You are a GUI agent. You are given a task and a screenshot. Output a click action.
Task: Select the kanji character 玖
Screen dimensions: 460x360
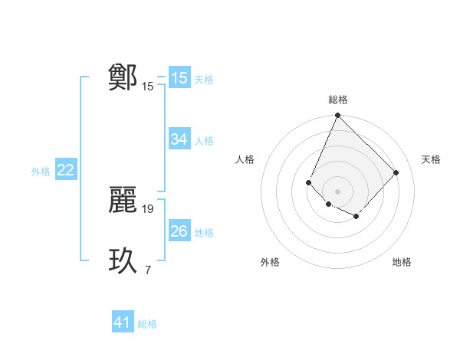click(x=123, y=260)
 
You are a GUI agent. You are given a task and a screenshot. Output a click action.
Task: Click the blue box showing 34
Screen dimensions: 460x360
click(x=179, y=139)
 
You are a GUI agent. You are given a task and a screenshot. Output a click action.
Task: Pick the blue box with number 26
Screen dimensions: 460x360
click(x=179, y=231)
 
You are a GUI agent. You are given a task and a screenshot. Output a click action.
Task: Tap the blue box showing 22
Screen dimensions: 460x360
click(x=66, y=170)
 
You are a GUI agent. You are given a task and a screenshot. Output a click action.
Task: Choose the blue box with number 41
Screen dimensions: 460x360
click(x=123, y=322)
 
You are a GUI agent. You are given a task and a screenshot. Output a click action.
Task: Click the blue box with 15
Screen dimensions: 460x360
click(x=179, y=78)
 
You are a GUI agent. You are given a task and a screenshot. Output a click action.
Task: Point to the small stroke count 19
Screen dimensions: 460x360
click(x=148, y=208)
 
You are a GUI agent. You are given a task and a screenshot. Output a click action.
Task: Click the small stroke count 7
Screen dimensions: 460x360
click(x=148, y=270)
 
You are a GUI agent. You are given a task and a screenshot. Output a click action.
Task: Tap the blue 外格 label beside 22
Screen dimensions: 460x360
click(x=41, y=172)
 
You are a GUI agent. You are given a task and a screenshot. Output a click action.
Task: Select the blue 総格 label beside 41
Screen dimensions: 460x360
click(x=147, y=324)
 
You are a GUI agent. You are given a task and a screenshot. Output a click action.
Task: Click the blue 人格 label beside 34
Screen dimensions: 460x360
click(x=204, y=141)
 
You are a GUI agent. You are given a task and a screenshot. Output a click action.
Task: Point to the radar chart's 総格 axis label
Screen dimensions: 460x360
click(x=337, y=100)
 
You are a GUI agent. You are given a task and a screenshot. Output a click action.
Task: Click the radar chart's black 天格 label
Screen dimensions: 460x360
click(x=431, y=159)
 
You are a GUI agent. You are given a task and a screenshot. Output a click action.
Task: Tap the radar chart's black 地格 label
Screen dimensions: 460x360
click(x=402, y=262)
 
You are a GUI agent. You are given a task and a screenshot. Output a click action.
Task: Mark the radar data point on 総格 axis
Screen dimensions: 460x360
click(x=337, y=116)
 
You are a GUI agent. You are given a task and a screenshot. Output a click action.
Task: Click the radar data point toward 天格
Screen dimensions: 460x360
click(x=396, y=172)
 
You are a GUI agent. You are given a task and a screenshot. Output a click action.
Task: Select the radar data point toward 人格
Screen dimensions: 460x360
click(x=308, y=182)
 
